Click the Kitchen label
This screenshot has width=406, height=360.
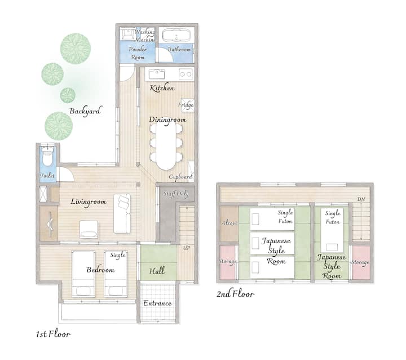162,88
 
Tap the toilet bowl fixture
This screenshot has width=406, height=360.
47,156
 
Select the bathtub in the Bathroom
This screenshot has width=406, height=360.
176,35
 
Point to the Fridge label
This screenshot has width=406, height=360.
186,105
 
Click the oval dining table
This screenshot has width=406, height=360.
166,146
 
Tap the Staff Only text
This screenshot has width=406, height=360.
176,194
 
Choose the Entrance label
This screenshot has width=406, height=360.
157,303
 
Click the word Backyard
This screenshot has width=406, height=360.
85,111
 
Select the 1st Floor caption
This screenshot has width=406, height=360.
53,334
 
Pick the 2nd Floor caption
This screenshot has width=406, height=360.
235,294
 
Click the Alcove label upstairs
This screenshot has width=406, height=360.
230,223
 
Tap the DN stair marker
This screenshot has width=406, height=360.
361,199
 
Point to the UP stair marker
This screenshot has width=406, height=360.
187,248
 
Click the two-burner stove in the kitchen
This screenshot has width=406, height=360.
186,74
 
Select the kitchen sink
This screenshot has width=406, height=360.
157,74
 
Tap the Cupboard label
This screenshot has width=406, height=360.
181,177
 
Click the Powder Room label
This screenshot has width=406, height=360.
138,53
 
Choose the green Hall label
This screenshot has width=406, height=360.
157,271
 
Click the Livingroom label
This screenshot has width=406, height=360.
89,202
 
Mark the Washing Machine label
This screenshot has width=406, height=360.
145,36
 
